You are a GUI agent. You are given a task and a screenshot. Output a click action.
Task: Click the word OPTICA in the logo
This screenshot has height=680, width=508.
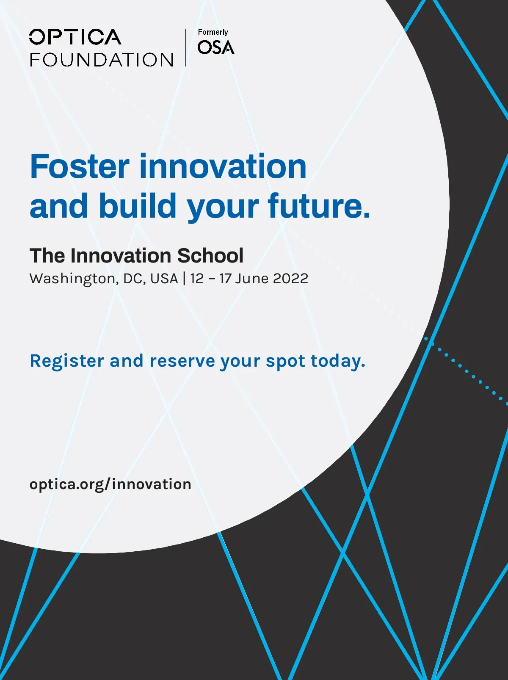[x=75, y=37]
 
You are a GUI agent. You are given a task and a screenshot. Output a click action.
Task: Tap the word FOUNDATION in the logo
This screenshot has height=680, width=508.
[x=102, y=59]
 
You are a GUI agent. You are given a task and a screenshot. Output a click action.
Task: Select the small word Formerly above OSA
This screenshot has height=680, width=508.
[x=213, y=32]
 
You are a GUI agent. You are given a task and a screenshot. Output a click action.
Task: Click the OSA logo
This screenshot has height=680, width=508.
[x=216, y=47]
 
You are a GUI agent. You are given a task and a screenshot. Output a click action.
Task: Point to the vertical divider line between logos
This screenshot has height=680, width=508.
[x=186, y=47]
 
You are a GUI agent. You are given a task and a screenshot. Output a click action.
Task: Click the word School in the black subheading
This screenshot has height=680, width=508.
[x=210, y=256]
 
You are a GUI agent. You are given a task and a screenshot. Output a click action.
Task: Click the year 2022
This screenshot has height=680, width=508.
[x=290, y=278]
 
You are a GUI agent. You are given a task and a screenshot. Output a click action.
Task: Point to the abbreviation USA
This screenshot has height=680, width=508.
[x=164, y=278]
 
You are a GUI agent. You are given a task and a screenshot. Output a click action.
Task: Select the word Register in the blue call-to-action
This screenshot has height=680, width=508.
[x=67, y=361]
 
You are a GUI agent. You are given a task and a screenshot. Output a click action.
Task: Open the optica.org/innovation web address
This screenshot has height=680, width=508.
[x=110, y=484]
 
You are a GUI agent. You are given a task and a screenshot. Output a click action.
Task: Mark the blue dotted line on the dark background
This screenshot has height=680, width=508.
[x=466, y=371]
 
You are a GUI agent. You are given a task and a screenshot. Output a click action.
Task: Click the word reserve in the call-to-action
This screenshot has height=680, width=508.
[x=182, y=362]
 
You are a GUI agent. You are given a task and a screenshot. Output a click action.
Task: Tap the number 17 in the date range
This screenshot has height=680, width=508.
[x=225, y=278]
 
